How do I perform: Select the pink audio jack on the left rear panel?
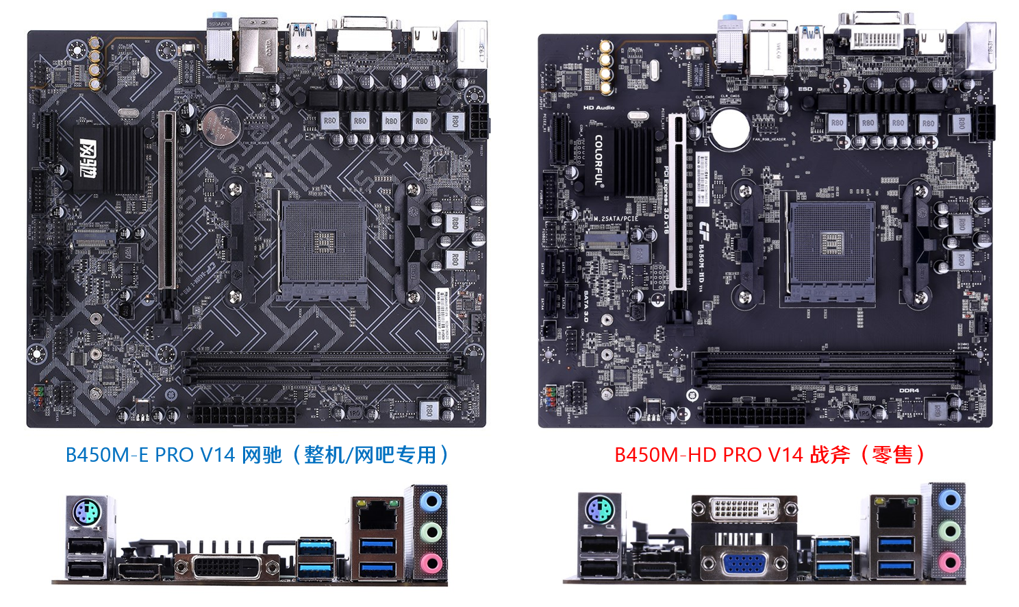[430, 563]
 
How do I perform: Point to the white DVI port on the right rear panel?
[744, 509]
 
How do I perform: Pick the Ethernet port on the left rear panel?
[375, 515]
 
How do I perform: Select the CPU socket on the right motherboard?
[831, 247]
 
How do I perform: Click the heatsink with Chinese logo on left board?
[108, 158]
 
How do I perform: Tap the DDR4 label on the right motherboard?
[909, 391]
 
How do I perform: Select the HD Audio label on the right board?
[599, 108]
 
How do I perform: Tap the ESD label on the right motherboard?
[805, 89]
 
